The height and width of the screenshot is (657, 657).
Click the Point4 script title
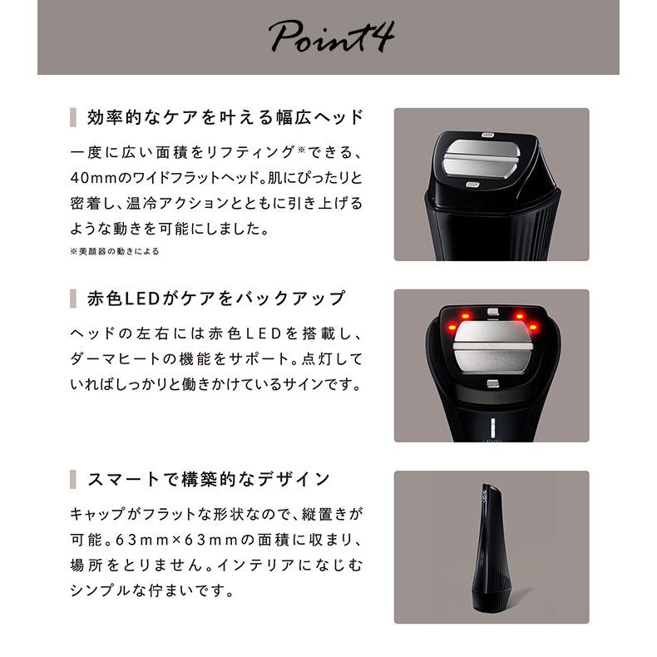329,38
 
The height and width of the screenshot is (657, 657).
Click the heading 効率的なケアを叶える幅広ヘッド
225,116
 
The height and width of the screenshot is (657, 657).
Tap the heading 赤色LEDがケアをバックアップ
216,298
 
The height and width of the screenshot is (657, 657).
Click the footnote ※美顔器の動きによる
114,250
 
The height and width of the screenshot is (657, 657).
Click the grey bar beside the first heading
73,116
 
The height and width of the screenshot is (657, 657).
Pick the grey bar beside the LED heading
73,298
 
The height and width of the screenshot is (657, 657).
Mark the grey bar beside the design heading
73,479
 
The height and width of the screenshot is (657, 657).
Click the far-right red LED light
533,327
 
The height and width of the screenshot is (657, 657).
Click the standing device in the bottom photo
491,541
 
